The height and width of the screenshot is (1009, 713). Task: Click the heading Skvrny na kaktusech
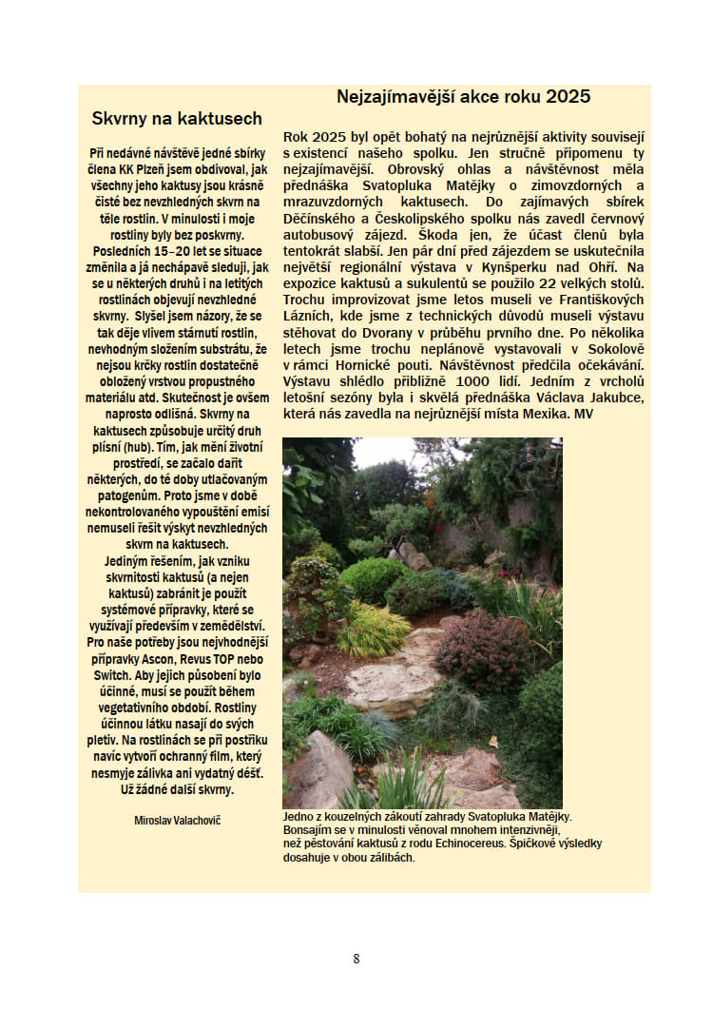point(177,119)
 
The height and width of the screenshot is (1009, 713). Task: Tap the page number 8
point(356,959)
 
